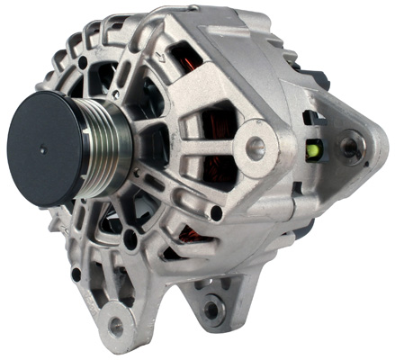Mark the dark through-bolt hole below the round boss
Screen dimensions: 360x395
(216, 213)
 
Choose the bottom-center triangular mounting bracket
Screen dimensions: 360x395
(214, 301)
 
